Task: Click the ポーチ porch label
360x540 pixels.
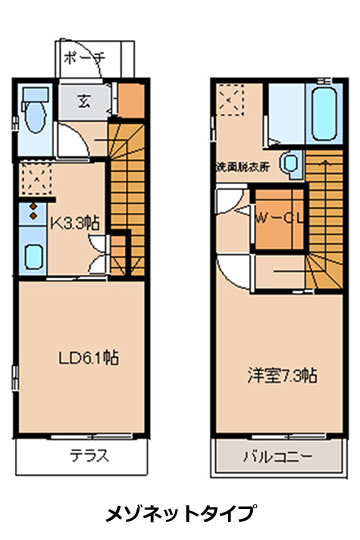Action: tap(84, 58)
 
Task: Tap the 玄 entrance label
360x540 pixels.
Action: tap(84, 101)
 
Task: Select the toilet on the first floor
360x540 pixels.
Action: tap(35, 110)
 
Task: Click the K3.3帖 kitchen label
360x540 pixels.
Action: tap(76, 224)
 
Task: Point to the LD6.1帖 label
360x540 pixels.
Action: tap(89, 358)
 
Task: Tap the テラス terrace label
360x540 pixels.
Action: tap(90, 456)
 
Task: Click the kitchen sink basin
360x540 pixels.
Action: tap(33, 257)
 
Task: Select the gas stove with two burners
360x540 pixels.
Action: tap(33, 211)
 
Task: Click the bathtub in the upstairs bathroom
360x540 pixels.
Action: tap(325, 114)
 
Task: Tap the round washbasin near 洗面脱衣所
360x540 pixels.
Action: tap(291, 164)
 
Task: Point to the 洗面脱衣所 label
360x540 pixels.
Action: tap(243, 167)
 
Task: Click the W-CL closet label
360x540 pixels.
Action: tap(280, 218)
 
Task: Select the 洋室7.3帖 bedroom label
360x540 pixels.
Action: tap(282, 375)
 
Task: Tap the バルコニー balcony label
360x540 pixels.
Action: tap(278, 457)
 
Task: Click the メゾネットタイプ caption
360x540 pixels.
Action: tap(181, 514)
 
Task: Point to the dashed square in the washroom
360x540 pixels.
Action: tap(231, 100)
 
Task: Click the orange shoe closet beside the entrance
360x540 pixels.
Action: tap(131, 100)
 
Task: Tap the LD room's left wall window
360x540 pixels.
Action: tap(15, 378)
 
